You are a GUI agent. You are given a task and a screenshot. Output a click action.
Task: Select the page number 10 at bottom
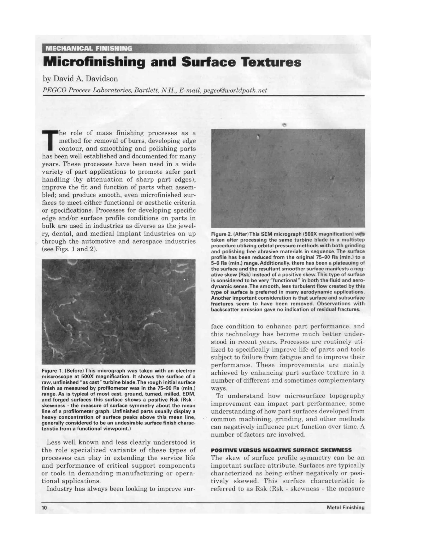pyautogui.click(x=45, y=508)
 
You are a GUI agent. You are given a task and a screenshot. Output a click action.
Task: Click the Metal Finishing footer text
pyautogui.click(x=345, y=508)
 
